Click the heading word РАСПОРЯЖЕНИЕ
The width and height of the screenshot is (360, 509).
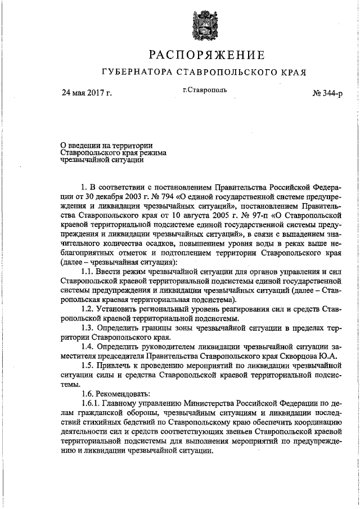coord(206,55)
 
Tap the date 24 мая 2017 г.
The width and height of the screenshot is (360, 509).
coord(87,93)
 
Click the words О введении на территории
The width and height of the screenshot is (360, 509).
coord(106,145)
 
